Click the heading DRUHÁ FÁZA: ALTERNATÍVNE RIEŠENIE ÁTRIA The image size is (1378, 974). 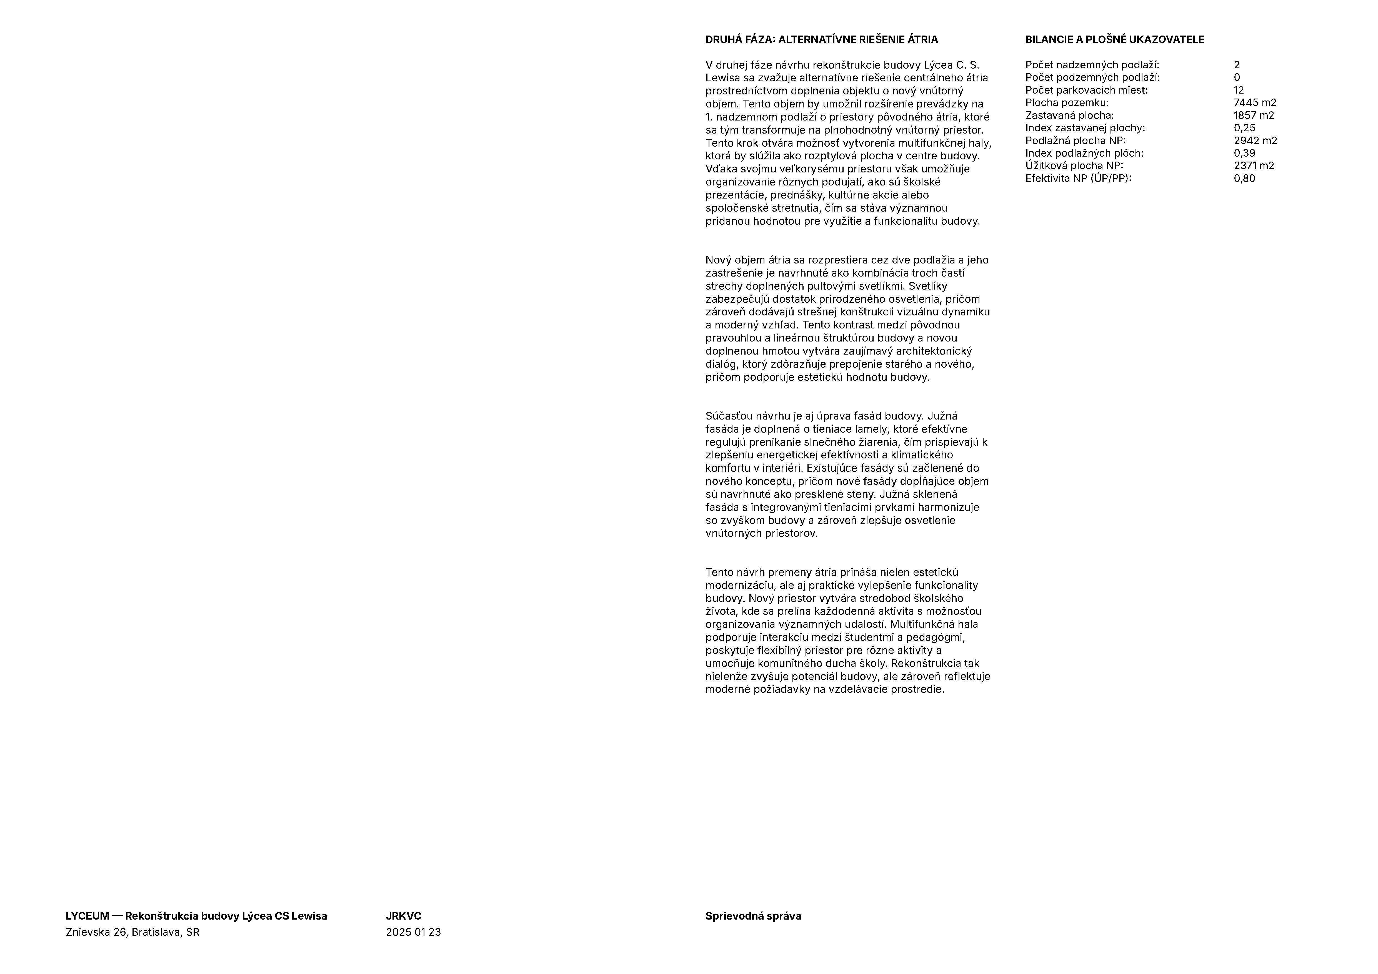821,40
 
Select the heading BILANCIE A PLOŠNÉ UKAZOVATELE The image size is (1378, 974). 1114,40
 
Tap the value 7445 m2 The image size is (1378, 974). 1254,102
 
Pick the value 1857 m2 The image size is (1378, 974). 1254,115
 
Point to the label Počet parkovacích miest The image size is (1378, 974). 1086,90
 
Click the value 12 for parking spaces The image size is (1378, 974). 1239,90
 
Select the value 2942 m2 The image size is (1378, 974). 1255,140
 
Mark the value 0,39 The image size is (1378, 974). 1244,153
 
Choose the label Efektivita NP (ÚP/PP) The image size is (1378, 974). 1078,178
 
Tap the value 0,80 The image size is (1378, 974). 1244,178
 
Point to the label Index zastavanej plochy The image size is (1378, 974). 1084,128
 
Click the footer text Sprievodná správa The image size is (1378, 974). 753,916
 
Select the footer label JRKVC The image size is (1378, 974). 403,916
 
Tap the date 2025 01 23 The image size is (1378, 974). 413,932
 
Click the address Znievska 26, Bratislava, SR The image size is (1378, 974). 132,932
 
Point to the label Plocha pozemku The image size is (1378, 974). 1067,102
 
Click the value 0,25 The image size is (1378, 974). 1244,128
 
